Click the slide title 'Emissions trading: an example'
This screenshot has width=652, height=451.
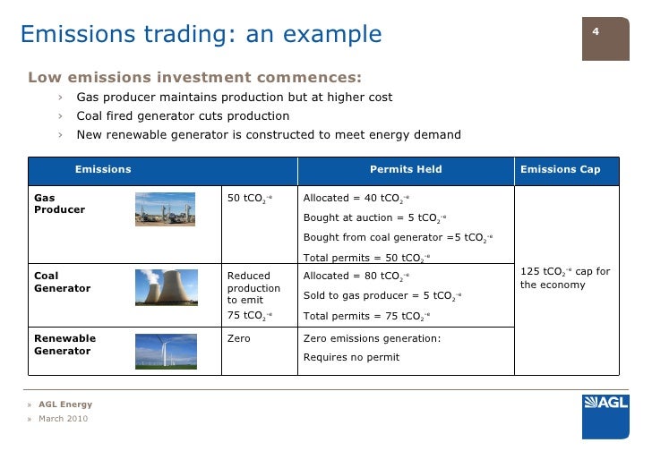[x=201, y=34]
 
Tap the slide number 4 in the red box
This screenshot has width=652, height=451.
[x=596, y=32]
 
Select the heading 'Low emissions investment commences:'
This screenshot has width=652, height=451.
[x=195, y=74]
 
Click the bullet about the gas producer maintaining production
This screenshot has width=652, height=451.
[x=234, y=97]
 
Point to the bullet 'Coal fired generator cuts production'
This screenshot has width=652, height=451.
[x=183, y=116]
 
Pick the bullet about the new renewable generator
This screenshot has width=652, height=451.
[x=268, y=135]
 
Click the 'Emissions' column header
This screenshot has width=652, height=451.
[x=103, y=169]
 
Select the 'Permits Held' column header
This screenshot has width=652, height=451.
[x=406, y=169]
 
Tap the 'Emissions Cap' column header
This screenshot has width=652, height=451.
[x=560, y=169]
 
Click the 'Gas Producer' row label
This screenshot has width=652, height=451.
[x=59, y=203]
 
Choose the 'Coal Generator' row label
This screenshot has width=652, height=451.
[x=62, y=282]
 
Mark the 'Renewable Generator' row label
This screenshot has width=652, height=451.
[x=64, y=345]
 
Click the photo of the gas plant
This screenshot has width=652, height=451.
[x=164, y=208]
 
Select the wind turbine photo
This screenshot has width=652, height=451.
[x=166, y=351]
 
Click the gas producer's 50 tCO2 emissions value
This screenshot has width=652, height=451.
[x=249, y=199]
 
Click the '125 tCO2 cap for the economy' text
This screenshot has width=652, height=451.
[x=564, y=278]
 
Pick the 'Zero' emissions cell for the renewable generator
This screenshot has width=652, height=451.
[x=239, y=339]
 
